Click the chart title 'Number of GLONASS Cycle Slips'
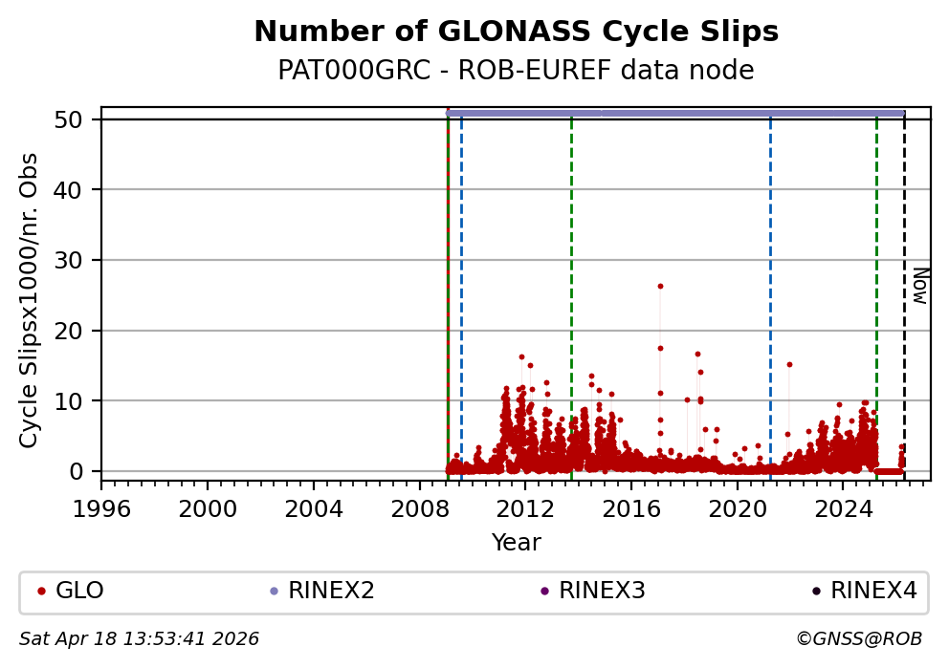[516, 32]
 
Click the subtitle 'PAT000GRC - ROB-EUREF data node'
[516, 71]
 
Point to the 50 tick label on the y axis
[77, 119]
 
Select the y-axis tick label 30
[77, 260]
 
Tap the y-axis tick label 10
[77, 400]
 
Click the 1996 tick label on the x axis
[102, 506]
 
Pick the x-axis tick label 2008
[420, 506]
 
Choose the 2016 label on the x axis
[631, 506]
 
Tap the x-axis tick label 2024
[843, 506]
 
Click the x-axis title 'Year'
[516, 543]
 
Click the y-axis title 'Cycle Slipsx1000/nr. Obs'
[30, 300]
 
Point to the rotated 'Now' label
[919, 286]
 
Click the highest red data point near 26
[660, 286]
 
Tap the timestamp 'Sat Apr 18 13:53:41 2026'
[140, 638]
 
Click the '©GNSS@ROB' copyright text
[858, 638]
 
